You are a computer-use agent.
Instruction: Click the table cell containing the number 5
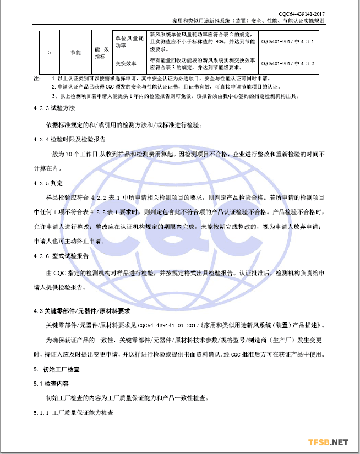[x=49, y=52]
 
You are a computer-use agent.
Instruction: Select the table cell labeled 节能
[x=75, y=52]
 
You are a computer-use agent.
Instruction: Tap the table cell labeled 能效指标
[x=100, y=52]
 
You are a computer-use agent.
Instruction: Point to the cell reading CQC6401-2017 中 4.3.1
[x=287, y=41]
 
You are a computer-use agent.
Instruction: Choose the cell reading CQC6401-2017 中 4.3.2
[x=287, y=63]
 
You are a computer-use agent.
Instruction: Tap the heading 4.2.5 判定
[x=48, y=182]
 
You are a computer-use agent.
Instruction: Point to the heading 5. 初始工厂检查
[x=56, y=369]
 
